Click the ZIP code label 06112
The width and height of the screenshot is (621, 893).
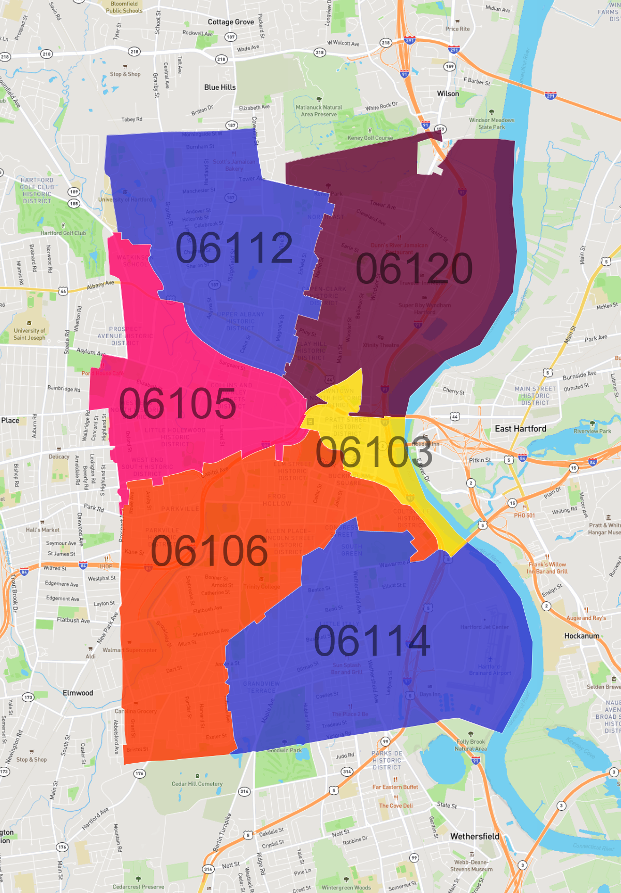click(x=234, y=248)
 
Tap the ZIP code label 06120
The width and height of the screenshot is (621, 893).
click(x=414, y=268)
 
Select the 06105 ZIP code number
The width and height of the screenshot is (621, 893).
click(x=178, y=403)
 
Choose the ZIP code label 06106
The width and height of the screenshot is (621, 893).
click(x=209, y=551)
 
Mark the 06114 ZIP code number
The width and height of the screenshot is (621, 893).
click(x=372, y=641)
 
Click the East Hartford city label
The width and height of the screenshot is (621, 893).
click(x=520, y=429)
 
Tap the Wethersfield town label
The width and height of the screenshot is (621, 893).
click(x=475, y=836)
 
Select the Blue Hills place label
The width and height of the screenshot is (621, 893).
click(x=220, y=87)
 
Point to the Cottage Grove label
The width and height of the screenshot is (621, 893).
click(x=231, y=22)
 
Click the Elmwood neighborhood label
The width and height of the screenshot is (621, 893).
click(x=78, y=693)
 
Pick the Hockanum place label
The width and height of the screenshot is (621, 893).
click(x=582, y=636)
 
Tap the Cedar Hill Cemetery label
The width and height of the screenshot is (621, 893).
click(x=197, y=784)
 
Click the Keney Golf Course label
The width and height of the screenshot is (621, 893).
click(x=370, y=138)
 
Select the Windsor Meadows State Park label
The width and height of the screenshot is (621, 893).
click(x=492, y=123)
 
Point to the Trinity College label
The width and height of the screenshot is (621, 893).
click(x=262, y=586)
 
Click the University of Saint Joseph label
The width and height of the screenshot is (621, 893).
click(x=29, y=334)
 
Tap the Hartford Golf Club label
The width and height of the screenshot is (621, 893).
click(x=63, y=233)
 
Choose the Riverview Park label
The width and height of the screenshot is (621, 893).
click(x=592, y=431)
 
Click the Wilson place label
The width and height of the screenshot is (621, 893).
click(x=448, y=94)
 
